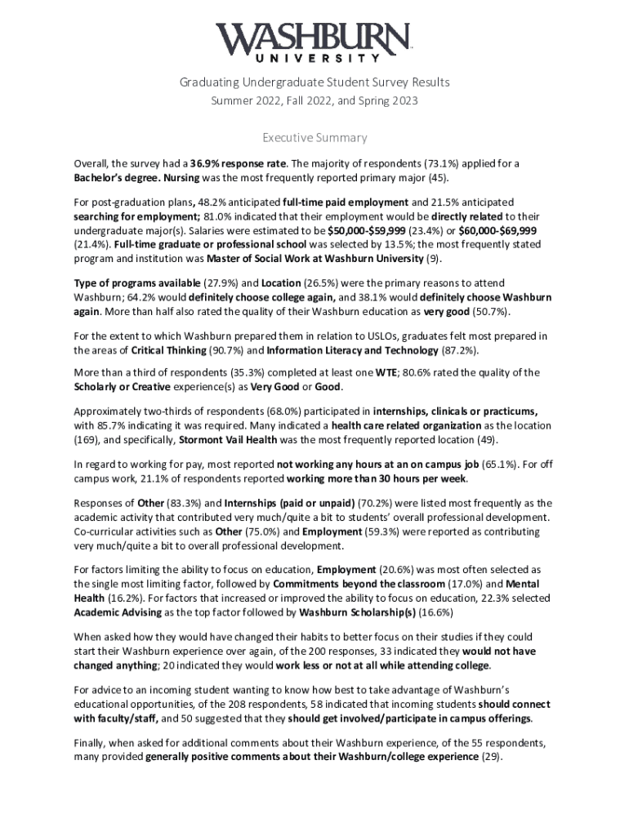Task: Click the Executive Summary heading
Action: coord(314,138)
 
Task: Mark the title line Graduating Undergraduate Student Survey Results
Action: coord(314,82)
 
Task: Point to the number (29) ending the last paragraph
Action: coord(491,755)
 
